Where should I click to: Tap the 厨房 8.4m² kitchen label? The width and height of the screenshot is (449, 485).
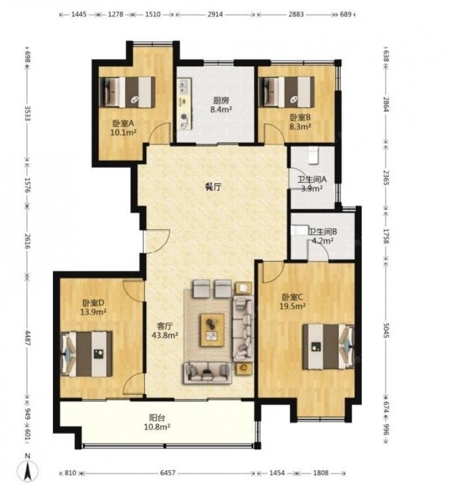click(x=221, y=105)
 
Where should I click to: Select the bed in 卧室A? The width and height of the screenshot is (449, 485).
click(x=127, y=92)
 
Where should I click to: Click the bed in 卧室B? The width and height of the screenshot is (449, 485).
click(x=286, y=92)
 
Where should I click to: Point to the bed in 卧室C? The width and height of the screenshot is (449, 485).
click(x=328, y=346)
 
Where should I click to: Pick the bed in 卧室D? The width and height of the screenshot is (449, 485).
click(x=86, y=354)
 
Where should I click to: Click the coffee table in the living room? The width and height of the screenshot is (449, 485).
click(x=212, y=330)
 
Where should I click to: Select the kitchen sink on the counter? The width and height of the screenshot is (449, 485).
click(x=184, y=86)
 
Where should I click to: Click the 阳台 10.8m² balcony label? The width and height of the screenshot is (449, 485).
click(x=157, y=422)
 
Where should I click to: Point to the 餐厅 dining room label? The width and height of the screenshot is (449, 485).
click(x=213, y=186)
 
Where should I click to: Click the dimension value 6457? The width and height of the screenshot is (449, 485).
click(x=167, y=472)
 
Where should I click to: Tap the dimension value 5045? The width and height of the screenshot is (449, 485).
click(x=386, y=331)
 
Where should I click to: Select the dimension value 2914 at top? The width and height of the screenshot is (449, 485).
click(x=215, y=14)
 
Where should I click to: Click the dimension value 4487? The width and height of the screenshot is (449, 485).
click(x=27, y=338)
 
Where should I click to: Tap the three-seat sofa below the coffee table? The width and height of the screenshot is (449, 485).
click(x=208, y=373)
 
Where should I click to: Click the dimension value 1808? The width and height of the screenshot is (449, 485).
click(x=321, y=472)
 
